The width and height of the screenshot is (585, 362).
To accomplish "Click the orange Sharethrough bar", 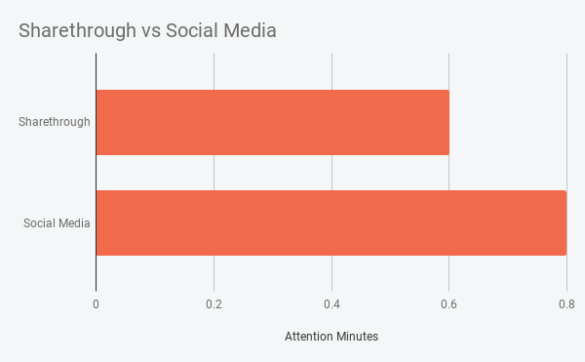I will [x=273, y=122].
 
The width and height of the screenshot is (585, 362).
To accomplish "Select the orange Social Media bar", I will [x=331, y=222].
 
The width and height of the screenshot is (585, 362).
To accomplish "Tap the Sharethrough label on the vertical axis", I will [x=55, y=122].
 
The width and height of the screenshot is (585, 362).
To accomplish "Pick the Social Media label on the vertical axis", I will [x=57, y=222].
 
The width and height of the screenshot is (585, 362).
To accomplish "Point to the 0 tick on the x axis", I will [x=96, y=303].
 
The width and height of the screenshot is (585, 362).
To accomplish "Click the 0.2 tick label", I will [x=214, y=303].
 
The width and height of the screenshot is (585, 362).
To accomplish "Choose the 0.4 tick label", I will [x=331, y=303].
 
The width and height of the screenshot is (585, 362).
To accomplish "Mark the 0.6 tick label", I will [x=448, y=303].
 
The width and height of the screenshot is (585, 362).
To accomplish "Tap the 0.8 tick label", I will [x=565, y=303].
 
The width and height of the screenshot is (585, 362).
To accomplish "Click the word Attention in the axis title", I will [x=308, y=337].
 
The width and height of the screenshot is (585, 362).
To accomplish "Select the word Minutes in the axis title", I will [x=356, y=337].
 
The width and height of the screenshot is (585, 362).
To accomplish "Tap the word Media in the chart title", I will [x=252, y=31].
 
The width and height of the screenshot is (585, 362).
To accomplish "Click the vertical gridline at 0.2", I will [x=214, y=73].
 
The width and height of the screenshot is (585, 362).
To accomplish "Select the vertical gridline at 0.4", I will [x=331, y=73].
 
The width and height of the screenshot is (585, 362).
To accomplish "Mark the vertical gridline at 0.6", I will [x=449, y=73].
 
